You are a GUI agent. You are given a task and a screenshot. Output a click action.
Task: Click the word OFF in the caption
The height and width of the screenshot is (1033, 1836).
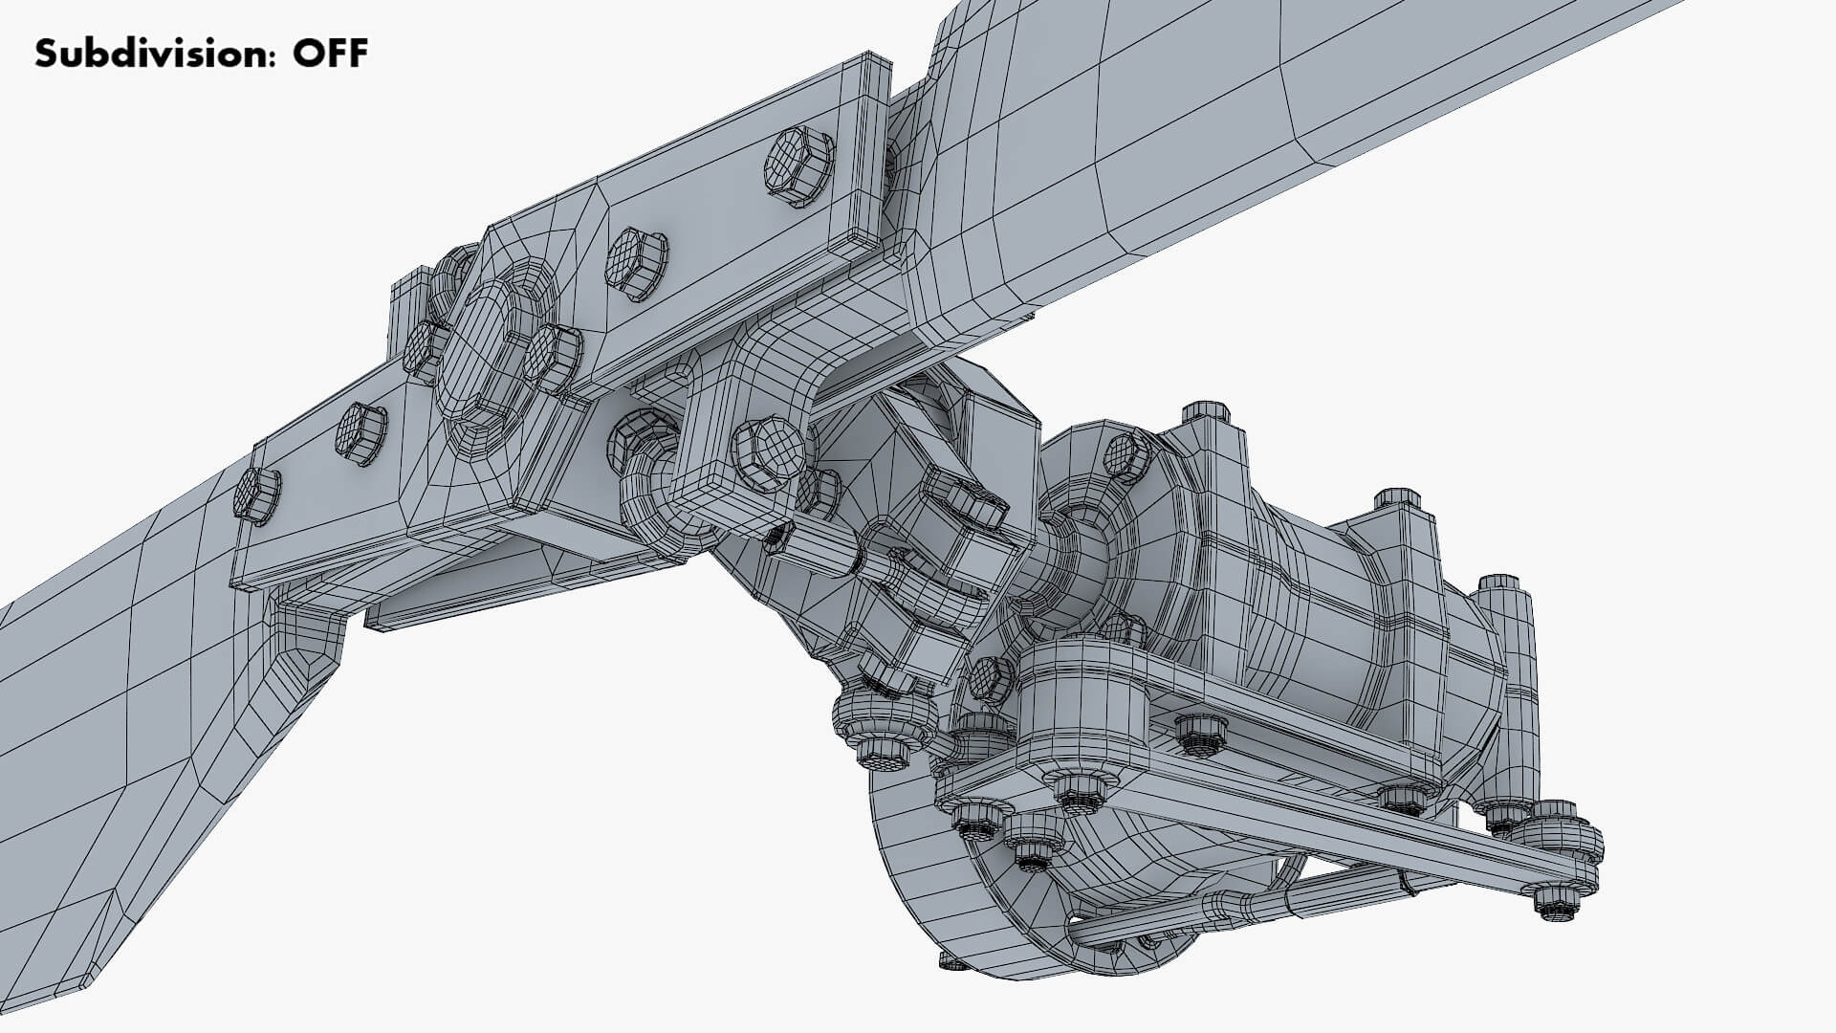pos(330,54)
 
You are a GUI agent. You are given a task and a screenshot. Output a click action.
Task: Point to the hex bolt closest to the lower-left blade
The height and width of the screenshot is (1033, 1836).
pos(256,495)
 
